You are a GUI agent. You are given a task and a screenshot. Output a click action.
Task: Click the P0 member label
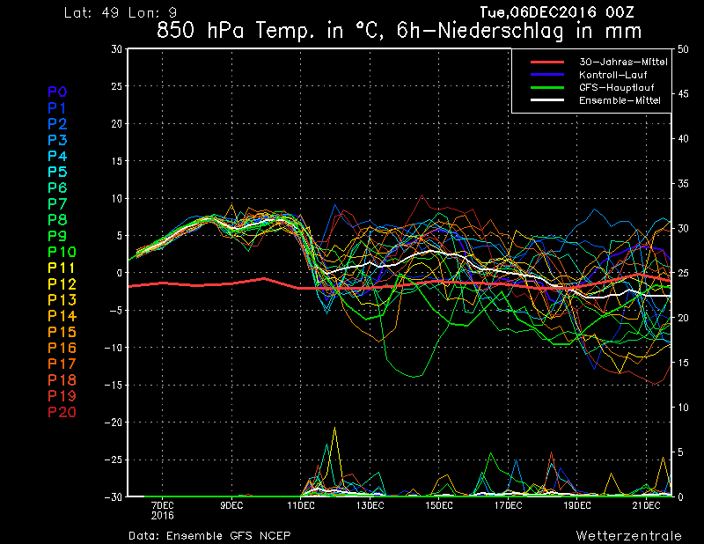tap(57, 92)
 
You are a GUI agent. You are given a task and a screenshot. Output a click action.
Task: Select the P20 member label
tap(62, 412)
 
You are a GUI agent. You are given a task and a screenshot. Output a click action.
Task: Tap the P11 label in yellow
tap(62, 268)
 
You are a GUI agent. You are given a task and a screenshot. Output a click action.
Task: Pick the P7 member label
tap(57, 204)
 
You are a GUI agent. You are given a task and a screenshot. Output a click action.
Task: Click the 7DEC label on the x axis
tap(162, 505)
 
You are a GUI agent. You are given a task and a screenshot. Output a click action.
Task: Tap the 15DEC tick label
tap(439, 505)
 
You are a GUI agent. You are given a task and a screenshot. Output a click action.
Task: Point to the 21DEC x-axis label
tap(647, 505)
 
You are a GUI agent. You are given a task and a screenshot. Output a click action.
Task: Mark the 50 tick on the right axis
tap(683, 49)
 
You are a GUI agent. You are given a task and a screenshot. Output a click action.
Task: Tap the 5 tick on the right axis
tap(679, 452)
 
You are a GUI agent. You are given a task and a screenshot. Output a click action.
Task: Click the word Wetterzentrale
tap(628, 535)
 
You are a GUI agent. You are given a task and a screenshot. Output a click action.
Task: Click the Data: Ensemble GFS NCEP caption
tap(209, 535)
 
